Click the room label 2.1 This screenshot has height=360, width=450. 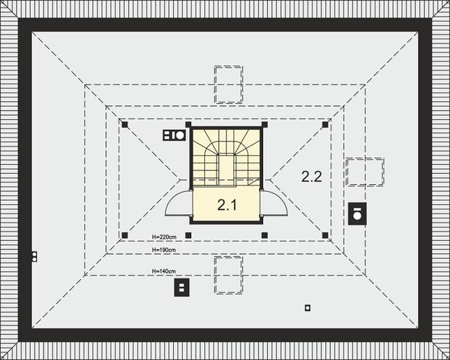coord(227,205)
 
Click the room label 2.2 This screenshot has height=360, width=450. coord(312,177)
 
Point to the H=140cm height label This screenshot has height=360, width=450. coord(164,271)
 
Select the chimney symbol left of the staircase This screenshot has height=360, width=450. coord(174,136)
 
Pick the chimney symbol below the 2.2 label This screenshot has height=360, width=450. coord(357,213)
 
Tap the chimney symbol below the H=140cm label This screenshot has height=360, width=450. coord(181,287)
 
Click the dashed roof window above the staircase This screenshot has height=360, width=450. coord(228,84)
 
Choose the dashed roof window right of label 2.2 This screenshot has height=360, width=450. coord(364,171)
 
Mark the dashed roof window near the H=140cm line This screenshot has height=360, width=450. coord(228,275)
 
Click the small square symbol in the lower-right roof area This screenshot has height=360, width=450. coord(307,307)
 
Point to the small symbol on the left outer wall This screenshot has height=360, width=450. coord(33,257)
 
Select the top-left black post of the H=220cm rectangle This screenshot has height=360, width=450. coord(125,125)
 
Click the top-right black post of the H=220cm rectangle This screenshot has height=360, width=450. coord(325,125)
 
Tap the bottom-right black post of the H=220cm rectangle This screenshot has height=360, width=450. coord(325,235)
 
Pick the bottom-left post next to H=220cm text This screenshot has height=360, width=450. coord(125,235)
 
